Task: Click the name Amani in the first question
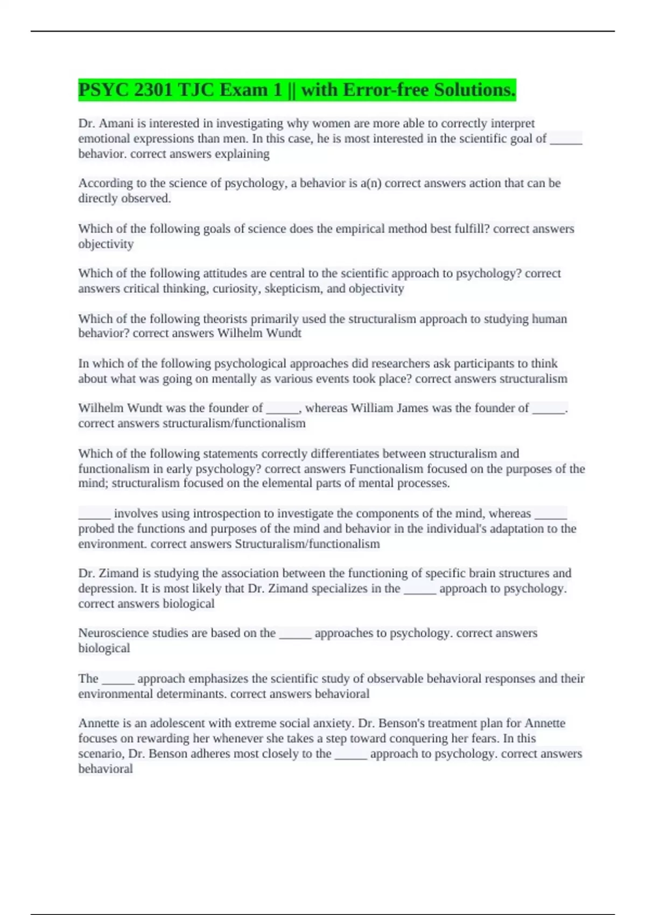pyautogui.click(x=115, y=123)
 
